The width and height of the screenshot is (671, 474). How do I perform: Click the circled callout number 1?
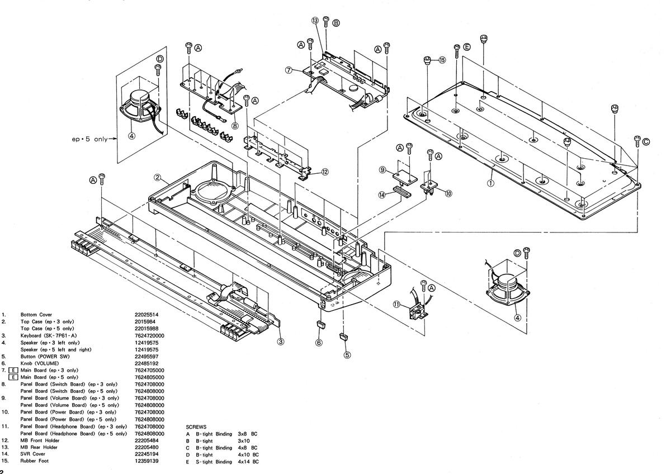490,182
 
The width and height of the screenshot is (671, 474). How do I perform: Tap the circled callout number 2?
158,178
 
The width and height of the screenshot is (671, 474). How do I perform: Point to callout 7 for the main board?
289,70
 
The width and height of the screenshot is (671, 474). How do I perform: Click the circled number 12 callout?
324,172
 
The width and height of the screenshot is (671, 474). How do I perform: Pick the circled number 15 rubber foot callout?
442,60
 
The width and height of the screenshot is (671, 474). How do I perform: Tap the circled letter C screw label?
646,141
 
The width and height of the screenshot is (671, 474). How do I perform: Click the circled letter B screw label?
335,23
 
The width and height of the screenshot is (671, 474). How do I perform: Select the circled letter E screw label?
467,46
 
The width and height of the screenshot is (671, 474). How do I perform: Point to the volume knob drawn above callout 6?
320,324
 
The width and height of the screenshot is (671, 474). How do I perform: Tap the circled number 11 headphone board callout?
396,305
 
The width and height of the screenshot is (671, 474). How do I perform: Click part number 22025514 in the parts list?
147,315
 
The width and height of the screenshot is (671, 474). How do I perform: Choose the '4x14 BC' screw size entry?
248,462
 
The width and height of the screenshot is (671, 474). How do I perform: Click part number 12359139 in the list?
147,461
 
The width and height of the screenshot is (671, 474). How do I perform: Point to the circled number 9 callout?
382,169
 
